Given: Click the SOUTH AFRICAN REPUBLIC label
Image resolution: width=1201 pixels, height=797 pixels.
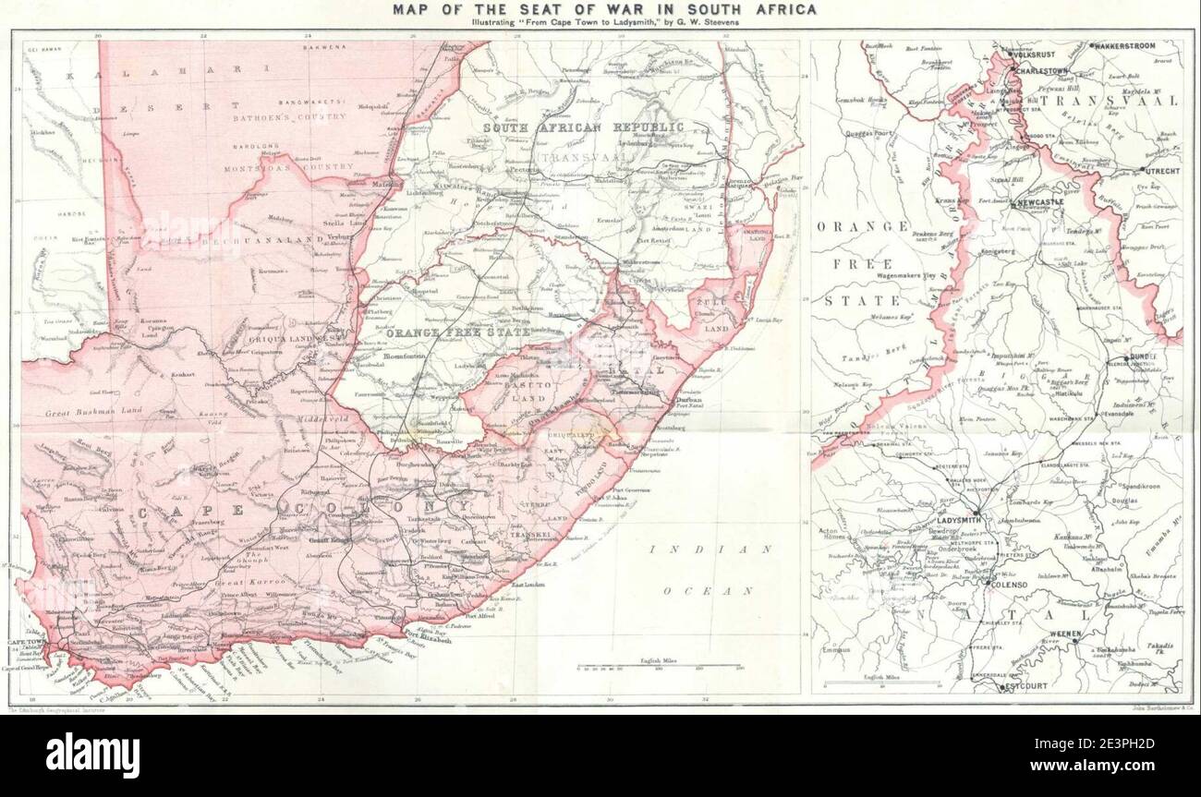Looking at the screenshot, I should [x=584, y=127].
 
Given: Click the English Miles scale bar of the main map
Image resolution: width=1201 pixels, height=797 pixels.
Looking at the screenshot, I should [x=658, y=666].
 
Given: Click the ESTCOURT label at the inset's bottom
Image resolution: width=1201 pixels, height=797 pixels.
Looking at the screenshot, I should [x=1024, y=687].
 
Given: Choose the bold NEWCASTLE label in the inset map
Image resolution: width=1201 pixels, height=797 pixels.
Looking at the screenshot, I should [x=1037, y=201].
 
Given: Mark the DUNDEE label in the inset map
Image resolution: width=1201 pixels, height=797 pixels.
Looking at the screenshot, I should [x=1143, y=356].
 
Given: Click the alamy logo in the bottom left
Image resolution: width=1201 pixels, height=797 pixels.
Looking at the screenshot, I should [x=92, y=755].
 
